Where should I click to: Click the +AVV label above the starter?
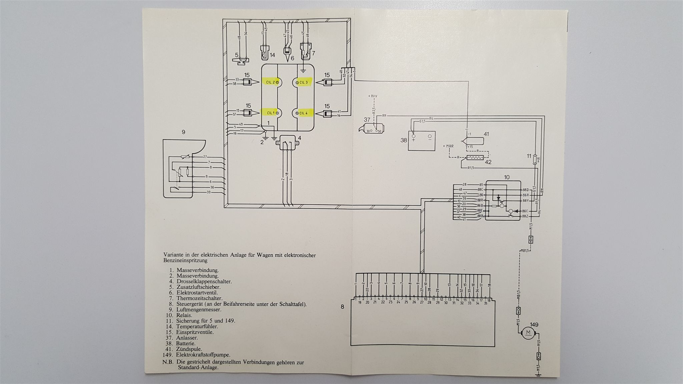click(x=373, y=96)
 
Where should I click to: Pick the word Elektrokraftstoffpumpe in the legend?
click(x=203, y=355)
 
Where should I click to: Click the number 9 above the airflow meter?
click(x=183, y=132)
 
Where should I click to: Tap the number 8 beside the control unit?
click(x=343, y=307)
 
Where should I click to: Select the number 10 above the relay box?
click(x=507, y=177)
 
